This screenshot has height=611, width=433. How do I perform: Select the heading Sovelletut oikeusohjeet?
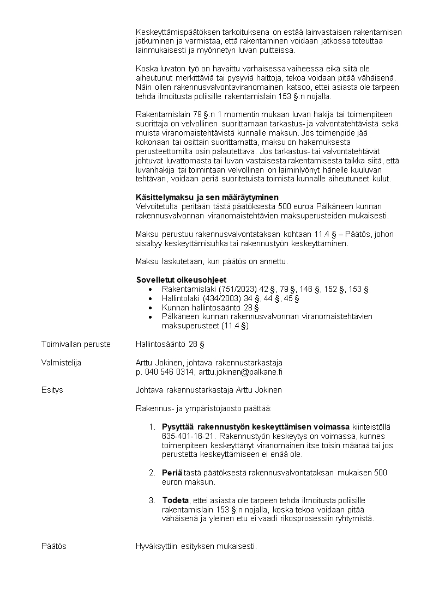tap(181, 280)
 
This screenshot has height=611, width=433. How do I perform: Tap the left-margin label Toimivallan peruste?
tap(76, 344)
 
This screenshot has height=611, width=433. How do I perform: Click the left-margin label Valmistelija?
tap(61, 363)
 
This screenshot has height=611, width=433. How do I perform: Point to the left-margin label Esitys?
tap(52, 390)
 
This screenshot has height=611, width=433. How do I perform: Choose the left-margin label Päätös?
tap(54, 546)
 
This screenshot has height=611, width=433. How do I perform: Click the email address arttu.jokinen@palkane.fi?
tap(240, 372)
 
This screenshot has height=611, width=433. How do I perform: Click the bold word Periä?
tap(172, 473)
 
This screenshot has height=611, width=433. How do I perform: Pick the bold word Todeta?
tap(175, 500)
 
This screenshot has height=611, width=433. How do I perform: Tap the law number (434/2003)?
tap(222, 298)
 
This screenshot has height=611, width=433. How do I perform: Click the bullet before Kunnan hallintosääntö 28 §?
tap(151, 308)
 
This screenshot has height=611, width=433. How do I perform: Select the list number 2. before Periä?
tap(152, 473)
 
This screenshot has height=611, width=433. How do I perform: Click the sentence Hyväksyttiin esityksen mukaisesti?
tap(196, 546)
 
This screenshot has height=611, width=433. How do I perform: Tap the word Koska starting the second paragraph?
tap(146, 69)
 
